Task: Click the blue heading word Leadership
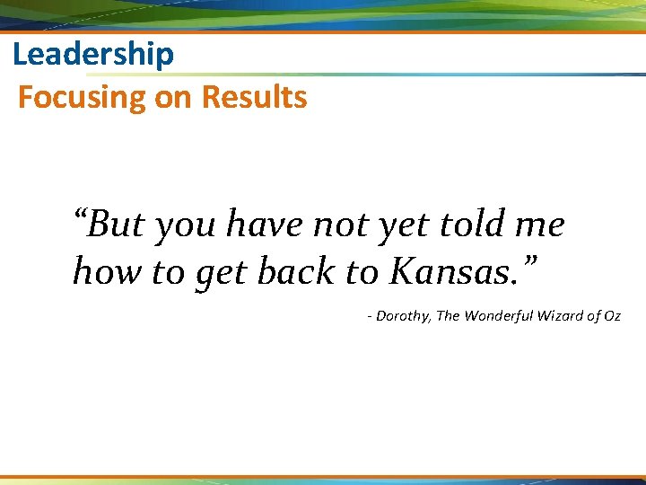(93, 56)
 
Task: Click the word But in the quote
(117, 225)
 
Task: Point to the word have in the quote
(264, 225)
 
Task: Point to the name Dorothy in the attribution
(403, 316)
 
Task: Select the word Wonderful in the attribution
(504, 316)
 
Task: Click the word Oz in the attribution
(613, 316)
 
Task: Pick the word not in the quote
(337, 225)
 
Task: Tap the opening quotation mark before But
(82, 217)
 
